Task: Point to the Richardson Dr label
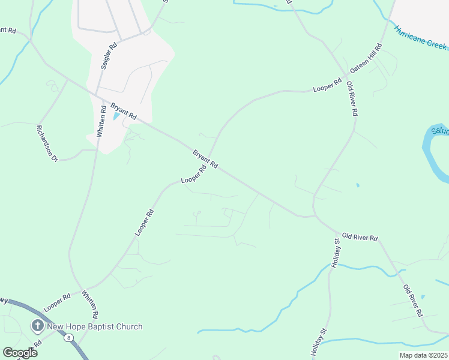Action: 46,143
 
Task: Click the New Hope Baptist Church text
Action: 95,327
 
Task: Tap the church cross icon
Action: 37,326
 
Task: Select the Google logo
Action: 20,352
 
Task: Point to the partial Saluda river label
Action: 439,130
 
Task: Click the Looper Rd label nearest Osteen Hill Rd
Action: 327,86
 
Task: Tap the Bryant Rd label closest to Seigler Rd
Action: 123,110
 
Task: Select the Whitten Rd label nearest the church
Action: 89,305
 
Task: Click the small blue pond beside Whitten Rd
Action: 116,116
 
